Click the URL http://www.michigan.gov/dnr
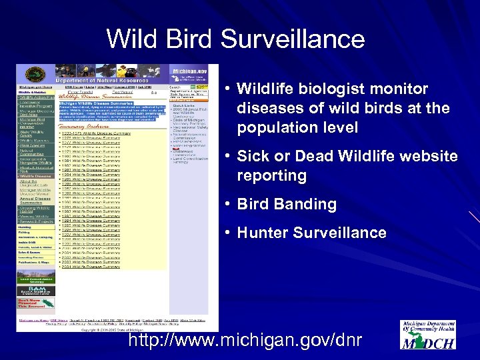pyautogui.click(x=245, y=341)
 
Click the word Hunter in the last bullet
pyautogui.click(x=263, y=233)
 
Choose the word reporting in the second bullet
pyautogui.click(x=271, y=176)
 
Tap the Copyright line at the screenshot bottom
pyautogui.click(x=113, y=329)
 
